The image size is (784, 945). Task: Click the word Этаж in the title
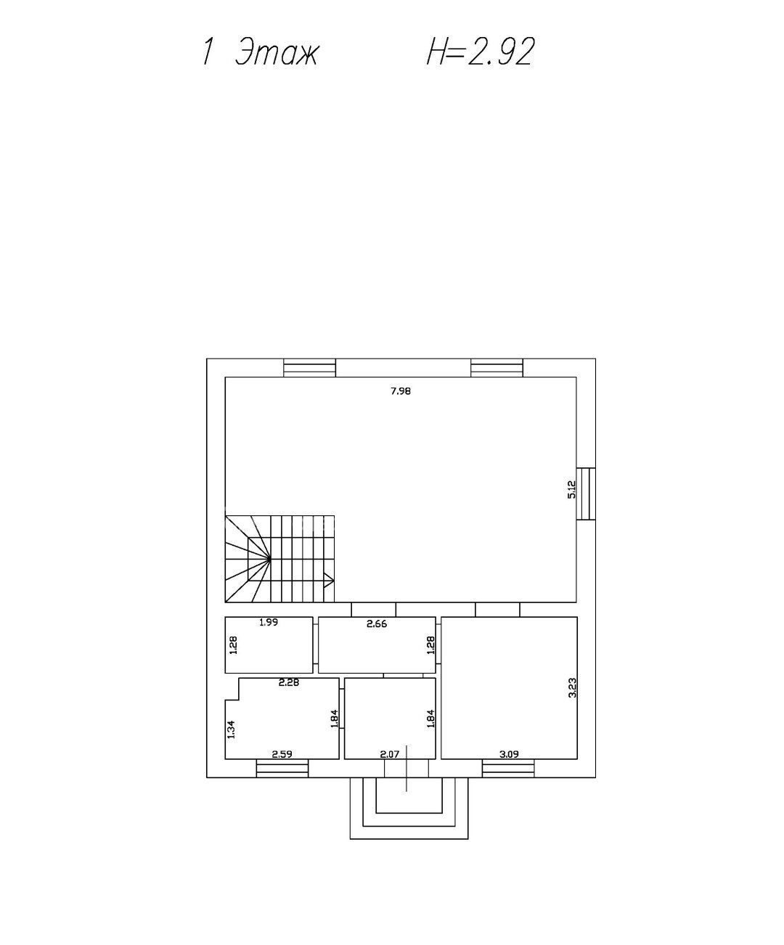pyautogui.click(x=277, y=52)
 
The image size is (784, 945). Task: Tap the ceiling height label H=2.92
pyautogui.click(x=481, y=52)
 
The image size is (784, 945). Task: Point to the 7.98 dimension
pyautogui.click(x=401, y=390)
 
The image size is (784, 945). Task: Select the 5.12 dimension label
pyautogui.click(x=572, y=490)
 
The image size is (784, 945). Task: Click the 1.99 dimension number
pyautogui.click(x=269, y=622)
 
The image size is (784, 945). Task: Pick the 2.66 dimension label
pyautogui.click(x=377, y=624)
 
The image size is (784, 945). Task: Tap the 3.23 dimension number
pyautogui.click(x=572, y=687)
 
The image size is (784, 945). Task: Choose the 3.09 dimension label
pyautogui.click(x=510, y=754)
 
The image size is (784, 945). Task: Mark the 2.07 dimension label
pyautogui.click(x=390, y=754)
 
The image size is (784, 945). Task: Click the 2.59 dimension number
pyautogui.click(x=282, y=754)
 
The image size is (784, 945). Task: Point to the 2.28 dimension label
pyautogui.click(x=289, y=682)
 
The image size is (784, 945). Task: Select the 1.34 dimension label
pyautogui.click(x=232, y=729)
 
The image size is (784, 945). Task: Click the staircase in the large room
pyautogui.click(x=279, y=559)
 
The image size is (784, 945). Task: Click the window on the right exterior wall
pyautogui.click(x=586, y=494)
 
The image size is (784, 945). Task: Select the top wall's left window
pyautogui.click(x=310, y=367)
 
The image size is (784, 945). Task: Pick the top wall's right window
pyautogui.click(x=497, y=367)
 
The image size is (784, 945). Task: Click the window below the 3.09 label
pyautogui.click(x=508, y=768)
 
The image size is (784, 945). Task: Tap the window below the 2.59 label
pyautogui.click(x=282, y=768)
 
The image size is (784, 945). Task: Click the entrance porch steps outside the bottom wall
pyautogui.click(x=409, y=809)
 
